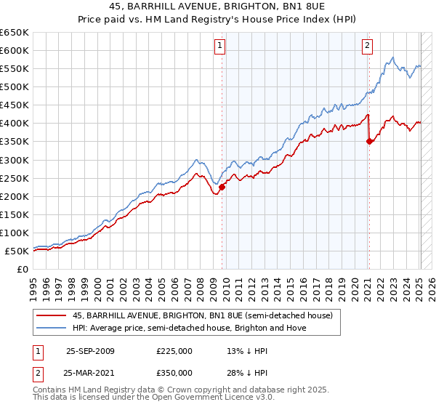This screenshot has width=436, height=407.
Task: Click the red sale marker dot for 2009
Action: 222,187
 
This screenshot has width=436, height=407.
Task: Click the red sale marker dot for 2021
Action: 369,141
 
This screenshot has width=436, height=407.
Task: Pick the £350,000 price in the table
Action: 174,372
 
